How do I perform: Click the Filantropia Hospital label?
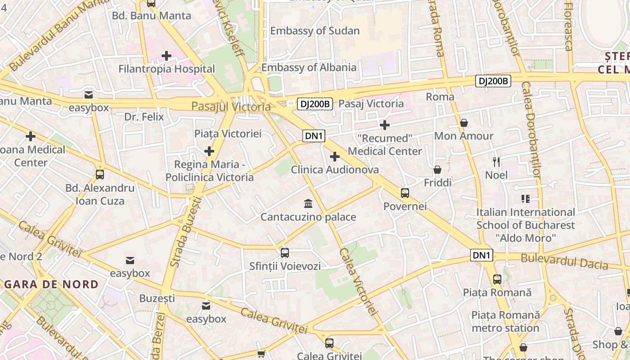click(166, 69)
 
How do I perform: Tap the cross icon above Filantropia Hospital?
click(166, 56)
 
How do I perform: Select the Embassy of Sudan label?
click(315, 31)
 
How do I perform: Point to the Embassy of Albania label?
click(309, 67)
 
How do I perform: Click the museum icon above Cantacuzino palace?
click(308, 203)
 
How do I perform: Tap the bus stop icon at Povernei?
click(405, 193)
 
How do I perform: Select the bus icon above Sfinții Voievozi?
click(285, 252)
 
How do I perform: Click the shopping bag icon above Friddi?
click(437, 170)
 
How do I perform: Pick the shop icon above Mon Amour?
click(463, 123)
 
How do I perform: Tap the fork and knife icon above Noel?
click(496, 162)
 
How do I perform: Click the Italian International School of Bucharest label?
click(526, 225)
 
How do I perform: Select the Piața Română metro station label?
click(505, 321)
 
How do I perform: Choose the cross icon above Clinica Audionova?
click(334, 157)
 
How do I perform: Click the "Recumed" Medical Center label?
click(385, 144)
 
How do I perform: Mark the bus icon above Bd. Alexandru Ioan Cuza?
click(100, 175)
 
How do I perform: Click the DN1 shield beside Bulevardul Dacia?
click(481, 255)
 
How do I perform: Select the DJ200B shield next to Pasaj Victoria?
click(315, 104)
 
